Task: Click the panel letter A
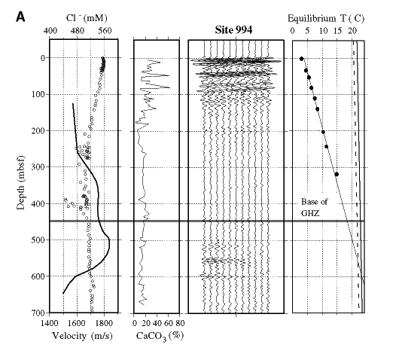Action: [20, 17]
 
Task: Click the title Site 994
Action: [233, 30]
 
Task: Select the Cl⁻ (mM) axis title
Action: [87, 18]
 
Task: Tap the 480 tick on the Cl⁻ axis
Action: [78, 31]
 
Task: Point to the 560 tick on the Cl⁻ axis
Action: [105, 31]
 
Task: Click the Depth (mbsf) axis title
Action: [21, 182]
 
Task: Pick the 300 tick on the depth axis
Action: [38, 167]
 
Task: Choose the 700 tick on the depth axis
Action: [38, 313]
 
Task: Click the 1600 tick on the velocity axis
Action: [77, 323]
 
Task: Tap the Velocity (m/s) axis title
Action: [82, 336]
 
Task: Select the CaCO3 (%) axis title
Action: [160, 337]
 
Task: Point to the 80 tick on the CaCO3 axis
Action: [180, 323]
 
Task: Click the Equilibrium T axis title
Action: [326, 18]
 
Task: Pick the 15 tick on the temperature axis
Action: [337, 31]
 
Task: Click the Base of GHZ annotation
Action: [314, 207]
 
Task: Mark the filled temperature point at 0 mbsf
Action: [302, 59]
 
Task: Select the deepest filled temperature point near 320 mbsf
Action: [337, 175]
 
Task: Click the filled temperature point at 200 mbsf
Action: [323, 132]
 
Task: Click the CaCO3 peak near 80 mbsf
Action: [169, 87]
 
